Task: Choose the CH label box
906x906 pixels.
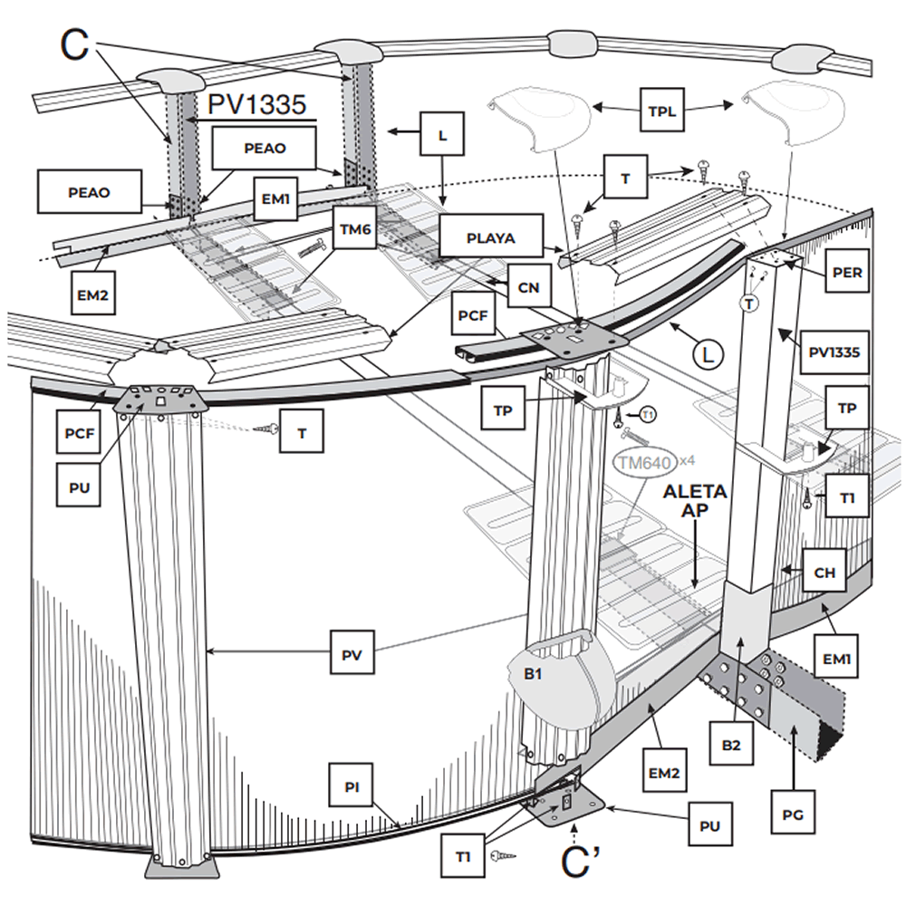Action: [824, 572]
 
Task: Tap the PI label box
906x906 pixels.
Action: [353, 786]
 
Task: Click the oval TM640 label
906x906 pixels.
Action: [644, 463]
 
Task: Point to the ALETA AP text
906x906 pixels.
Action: [694, 500]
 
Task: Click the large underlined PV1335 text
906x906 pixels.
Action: [256, 105]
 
